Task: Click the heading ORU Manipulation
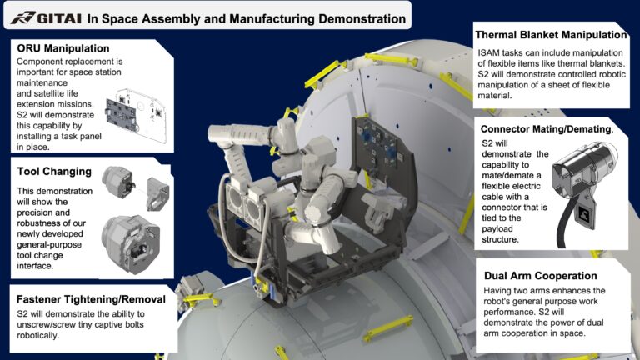click(x=63, y=49)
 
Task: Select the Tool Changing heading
click(x=54, y=172)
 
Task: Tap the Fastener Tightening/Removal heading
click(x=91, y=299)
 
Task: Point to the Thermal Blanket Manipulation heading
click(x=549, y=35)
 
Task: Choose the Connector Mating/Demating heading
click(x=547, y=129)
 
